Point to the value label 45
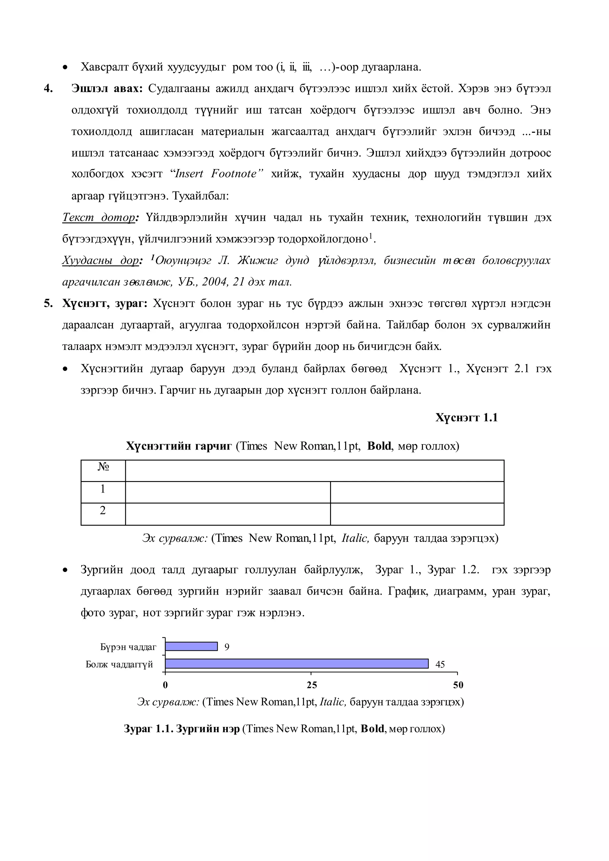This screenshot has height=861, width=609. click(440, 664)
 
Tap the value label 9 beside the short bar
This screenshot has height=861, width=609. click(227, 647)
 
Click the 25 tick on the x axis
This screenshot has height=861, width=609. click(312, 685)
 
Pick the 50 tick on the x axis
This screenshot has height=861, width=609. click(458, 685)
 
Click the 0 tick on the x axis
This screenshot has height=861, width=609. click(165, 685)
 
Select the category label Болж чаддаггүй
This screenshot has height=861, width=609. click(119, 664)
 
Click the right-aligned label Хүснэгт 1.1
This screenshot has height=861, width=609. click(466, 417)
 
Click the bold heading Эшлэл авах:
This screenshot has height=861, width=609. click(107, 89)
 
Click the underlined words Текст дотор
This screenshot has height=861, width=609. click(99, 218)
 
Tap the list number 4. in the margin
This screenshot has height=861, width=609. click(48, 89)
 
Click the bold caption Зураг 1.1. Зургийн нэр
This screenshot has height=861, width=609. click(181, 729)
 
